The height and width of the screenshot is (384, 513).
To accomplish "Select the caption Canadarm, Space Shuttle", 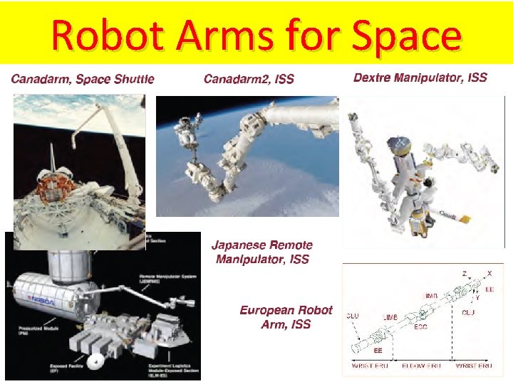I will point(83,78).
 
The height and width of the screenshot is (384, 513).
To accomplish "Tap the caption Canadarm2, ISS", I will point(249,78).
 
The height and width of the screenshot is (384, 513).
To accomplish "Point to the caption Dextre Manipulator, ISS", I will point(420,78).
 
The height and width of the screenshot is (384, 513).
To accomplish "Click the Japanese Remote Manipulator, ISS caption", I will point(261,252).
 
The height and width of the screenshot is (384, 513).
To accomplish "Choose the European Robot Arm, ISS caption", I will point(286,317).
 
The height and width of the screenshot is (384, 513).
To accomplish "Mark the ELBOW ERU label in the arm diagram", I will point(421,366).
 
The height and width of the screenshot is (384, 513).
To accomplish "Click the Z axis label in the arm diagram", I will point(464,273).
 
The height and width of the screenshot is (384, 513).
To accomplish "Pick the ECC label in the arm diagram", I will point(420,326).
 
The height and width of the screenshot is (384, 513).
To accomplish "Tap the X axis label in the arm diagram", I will point(489,273).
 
